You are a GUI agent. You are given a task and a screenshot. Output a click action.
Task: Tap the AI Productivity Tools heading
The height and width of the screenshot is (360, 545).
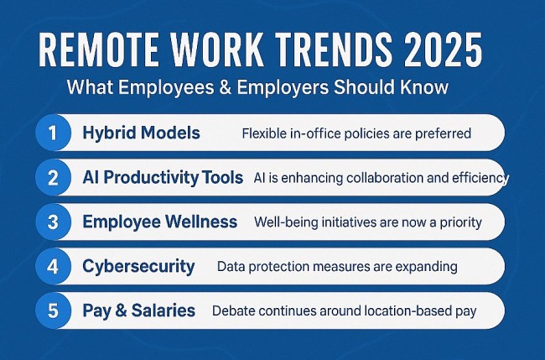point(163,177)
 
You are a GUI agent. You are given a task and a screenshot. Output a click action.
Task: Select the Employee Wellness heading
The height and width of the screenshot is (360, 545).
point(159,222)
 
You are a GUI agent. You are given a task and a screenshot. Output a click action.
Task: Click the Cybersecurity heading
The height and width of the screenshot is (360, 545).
point(138,267)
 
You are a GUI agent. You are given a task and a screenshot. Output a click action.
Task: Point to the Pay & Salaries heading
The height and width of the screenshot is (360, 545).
point(139,310)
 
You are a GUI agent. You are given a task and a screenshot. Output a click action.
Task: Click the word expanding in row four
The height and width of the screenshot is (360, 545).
point(427,267)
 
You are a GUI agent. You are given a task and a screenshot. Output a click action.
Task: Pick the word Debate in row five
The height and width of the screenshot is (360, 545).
point(234,310)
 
